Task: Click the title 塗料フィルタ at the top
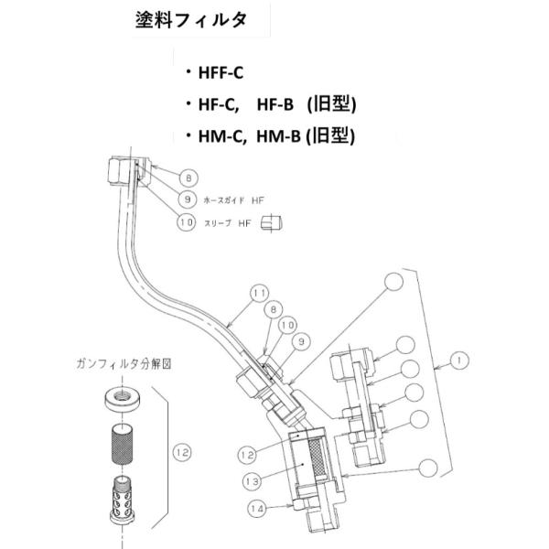click(190, 22)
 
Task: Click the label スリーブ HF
click(226, 222)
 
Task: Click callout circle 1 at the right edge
click(459, 361)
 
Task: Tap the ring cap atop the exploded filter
click(121, 399)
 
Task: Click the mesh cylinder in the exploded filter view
click(121, 446)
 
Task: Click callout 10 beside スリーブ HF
click(187, 221)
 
